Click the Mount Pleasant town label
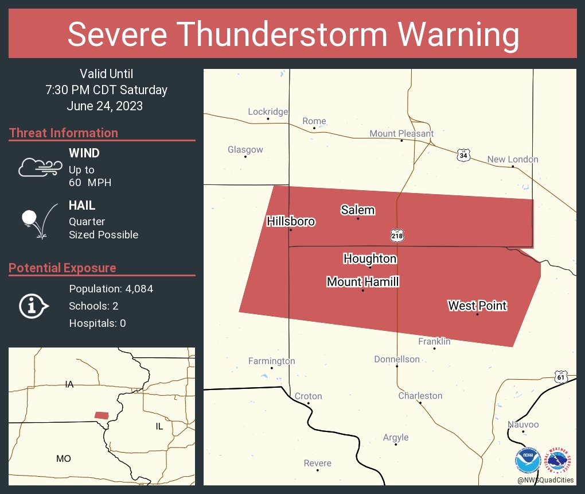401,133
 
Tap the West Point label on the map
477,306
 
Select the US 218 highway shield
397,236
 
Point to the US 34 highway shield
463,155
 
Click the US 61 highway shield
561,377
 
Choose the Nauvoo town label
523,424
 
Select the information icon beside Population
33,306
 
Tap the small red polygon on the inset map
102,415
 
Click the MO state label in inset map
64,458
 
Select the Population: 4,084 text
111,288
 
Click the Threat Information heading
64,133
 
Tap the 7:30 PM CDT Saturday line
107,90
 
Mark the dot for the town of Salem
358,218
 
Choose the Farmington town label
271,361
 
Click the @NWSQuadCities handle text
545,480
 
